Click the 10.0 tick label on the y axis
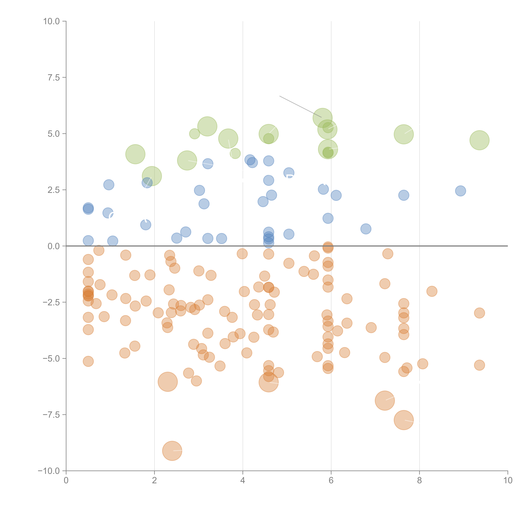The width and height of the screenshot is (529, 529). [x=52, y=21]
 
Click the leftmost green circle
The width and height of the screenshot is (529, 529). [x=135, y=154]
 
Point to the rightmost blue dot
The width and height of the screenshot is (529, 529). [x=461, y=191]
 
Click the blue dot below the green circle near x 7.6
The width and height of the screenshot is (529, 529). [x=404, y=195]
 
